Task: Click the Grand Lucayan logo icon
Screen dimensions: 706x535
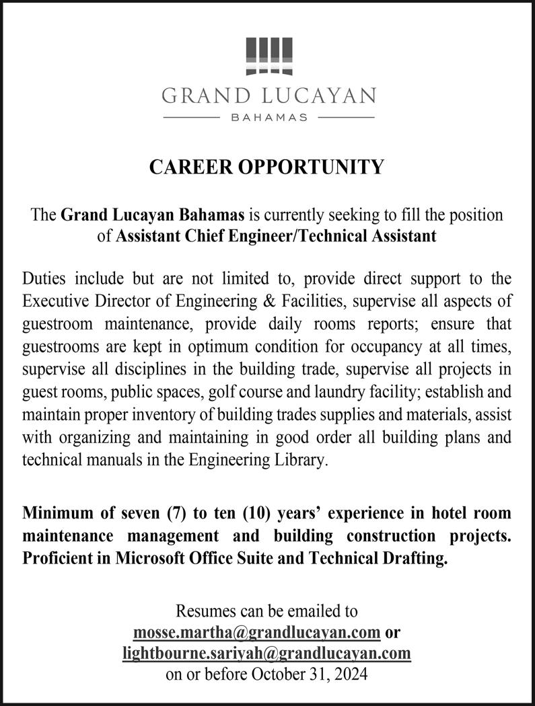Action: coord(269,56)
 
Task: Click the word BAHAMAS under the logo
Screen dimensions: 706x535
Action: coord(269,118)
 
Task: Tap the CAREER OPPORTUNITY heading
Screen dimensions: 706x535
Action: coord(267,167)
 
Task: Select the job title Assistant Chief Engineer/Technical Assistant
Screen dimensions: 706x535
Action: coord(276,236)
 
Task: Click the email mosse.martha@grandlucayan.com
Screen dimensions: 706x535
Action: coord(258,633)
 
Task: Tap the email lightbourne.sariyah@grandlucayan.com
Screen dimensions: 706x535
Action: coord(266,653)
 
